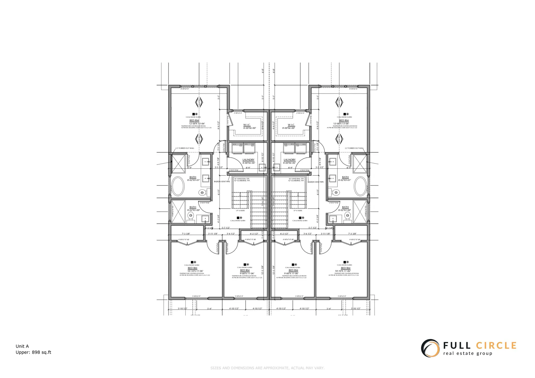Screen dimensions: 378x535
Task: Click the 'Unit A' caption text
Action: pos(22,346)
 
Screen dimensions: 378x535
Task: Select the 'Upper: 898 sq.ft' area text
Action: pos(33,352)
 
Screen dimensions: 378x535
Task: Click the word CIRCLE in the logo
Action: pos(496,346)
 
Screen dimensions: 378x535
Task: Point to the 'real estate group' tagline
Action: pos(468,354)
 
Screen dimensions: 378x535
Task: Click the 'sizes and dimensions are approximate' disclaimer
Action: pos(267,368)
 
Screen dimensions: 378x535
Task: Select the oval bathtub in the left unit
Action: pos(177,186)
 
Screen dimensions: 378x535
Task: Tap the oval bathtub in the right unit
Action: pos(360,186)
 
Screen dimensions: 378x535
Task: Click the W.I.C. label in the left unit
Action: pos(247,125)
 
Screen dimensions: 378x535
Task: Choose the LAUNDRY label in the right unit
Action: pos(290,160)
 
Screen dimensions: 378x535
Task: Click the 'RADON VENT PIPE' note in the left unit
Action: pos(222,182)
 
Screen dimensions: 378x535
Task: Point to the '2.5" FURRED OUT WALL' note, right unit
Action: pos(354,148)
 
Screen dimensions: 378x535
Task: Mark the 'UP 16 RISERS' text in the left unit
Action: pos(240,211)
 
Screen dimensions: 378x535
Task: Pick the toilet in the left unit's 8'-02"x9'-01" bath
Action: pos(202,192)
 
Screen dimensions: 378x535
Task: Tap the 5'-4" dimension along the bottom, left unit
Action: pos(210,309)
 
